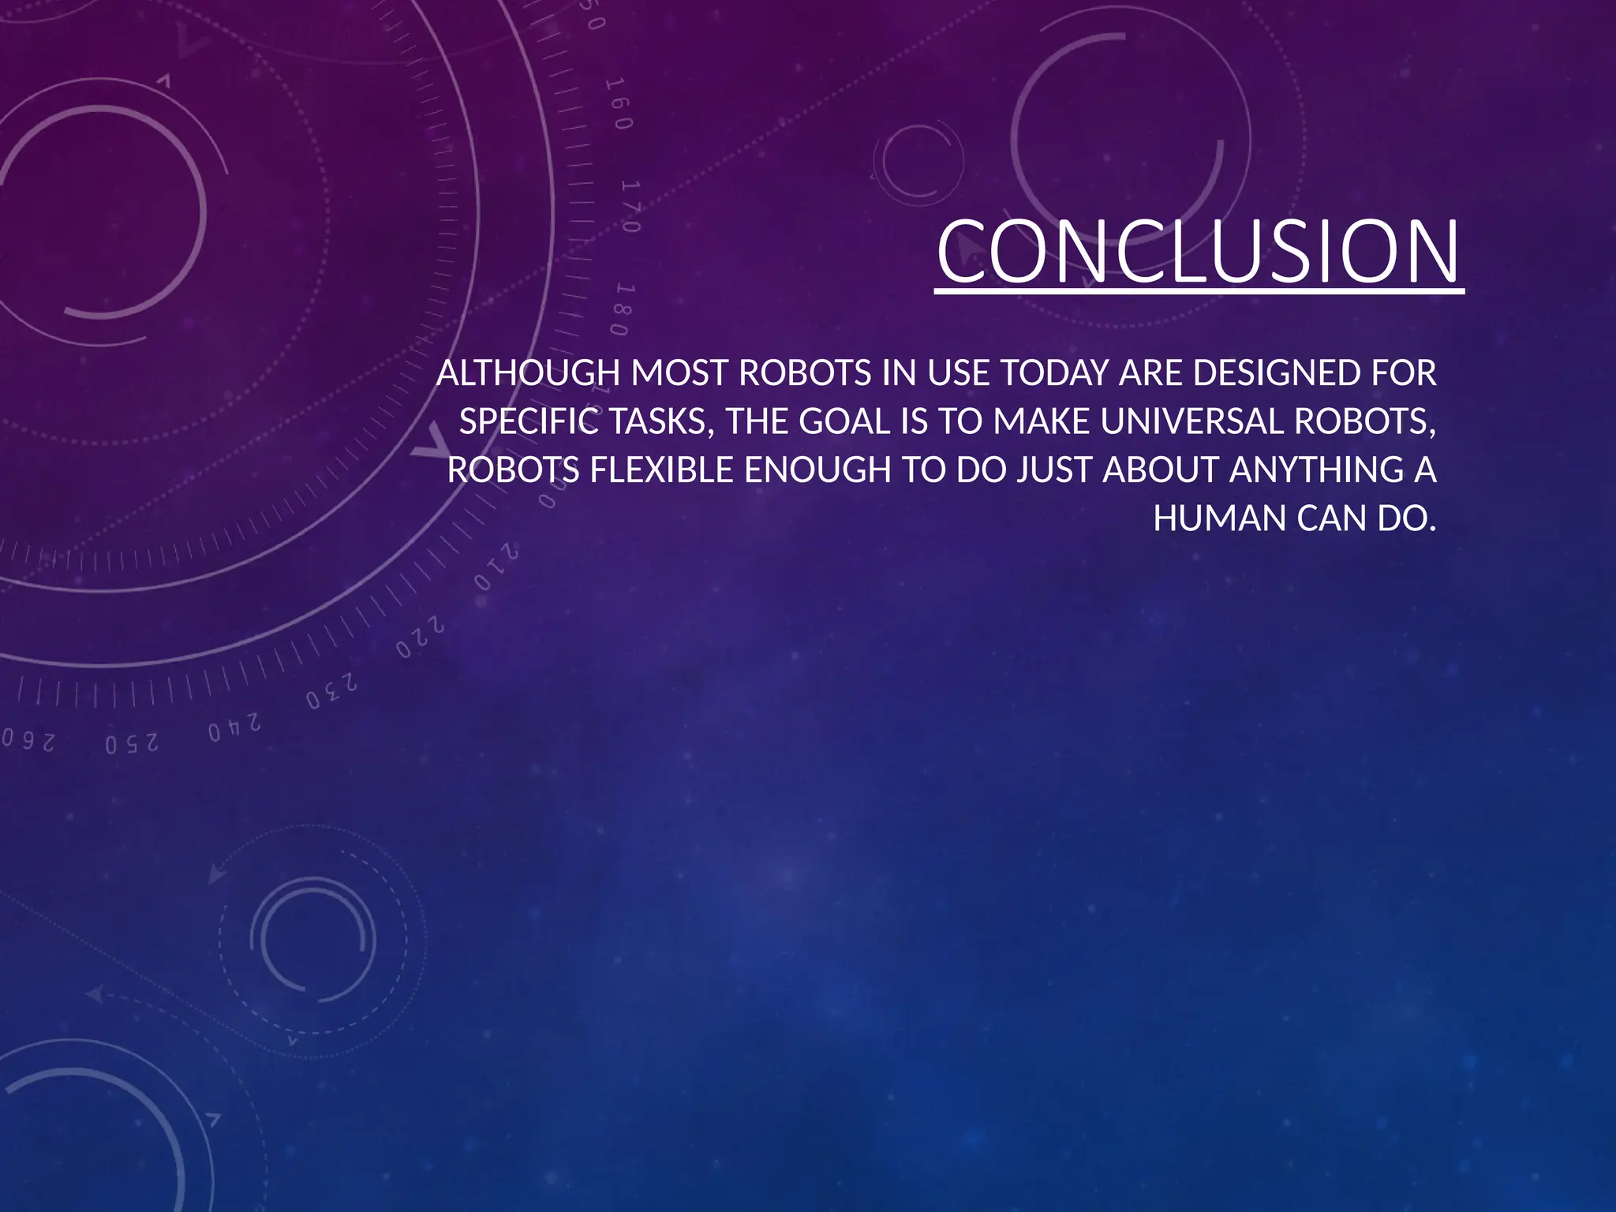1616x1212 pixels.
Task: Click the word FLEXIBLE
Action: pos(661,470)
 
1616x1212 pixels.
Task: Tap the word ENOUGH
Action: pos(817,470)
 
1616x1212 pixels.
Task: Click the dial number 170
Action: pos(630,206)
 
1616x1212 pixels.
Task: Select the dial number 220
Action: pos(421,639)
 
